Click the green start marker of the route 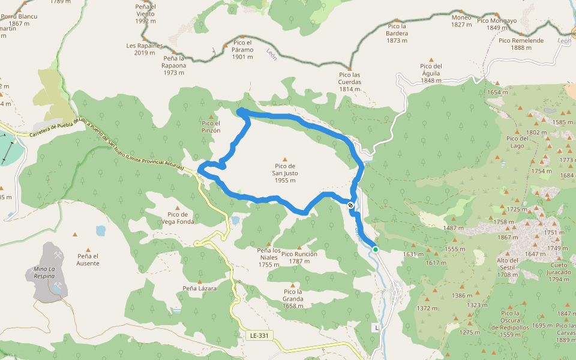click(x=375, y=249)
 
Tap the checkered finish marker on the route click(x=350, y=205)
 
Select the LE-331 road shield click(x=257, y=335)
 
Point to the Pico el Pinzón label click(x=211, y=127)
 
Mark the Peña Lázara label click(x=200, y=288)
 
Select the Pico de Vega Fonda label click(x=178, y=218)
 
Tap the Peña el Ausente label click(x=88, y=259)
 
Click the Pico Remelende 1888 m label click(x=521, y=44)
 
